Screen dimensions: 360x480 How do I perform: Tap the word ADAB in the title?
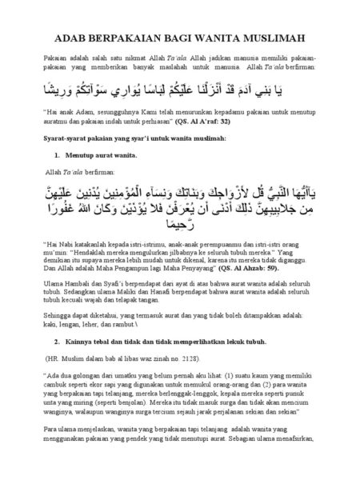pyautogui.click(x=74, y=38)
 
